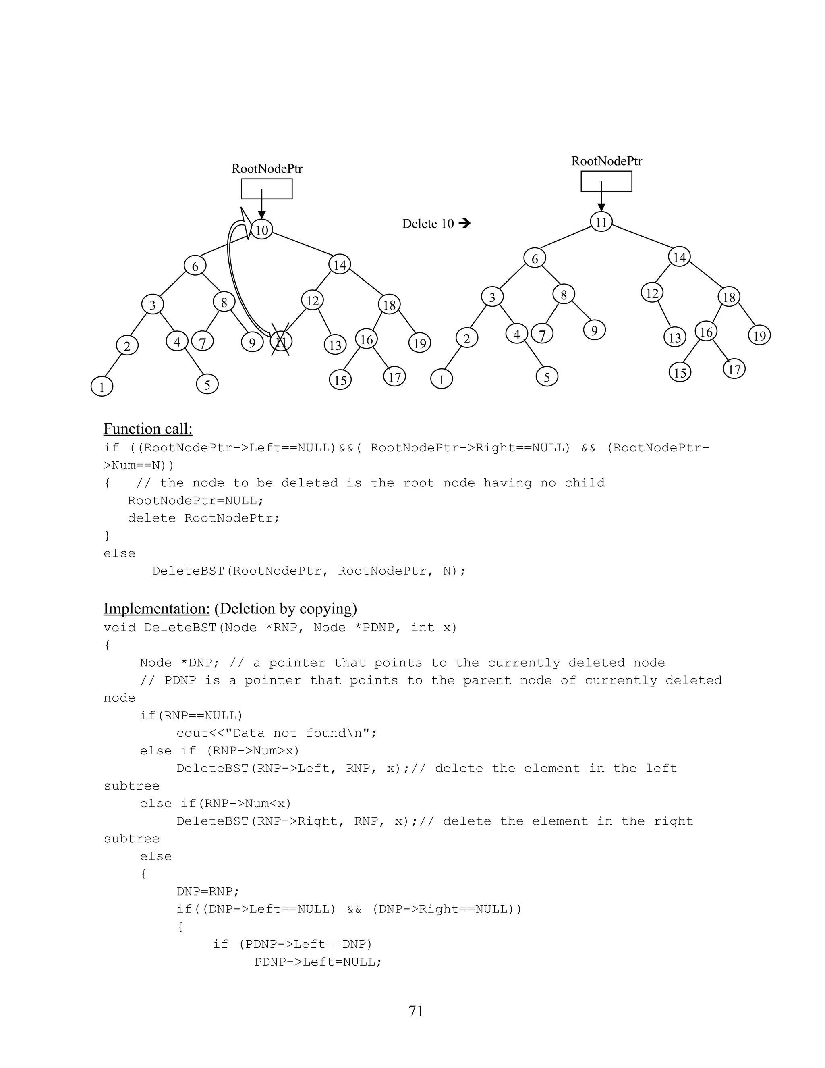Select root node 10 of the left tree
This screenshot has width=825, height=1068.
point(262,230)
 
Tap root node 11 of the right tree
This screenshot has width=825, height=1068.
point(601,222)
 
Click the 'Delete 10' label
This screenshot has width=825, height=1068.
point(428,224)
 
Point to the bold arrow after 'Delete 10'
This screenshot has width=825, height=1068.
point(464,224)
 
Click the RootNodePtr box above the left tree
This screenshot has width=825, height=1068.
point(267,189)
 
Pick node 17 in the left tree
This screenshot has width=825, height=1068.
point(394,377)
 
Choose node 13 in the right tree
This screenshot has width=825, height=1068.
point(675,337)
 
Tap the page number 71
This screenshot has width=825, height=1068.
point(416,1011)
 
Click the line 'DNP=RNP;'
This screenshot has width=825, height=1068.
point(208,891)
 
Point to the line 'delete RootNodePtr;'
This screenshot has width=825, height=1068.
point(203,518)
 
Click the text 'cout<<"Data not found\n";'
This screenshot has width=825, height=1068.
point(277,733)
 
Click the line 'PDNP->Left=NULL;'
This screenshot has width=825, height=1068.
point(318,962)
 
